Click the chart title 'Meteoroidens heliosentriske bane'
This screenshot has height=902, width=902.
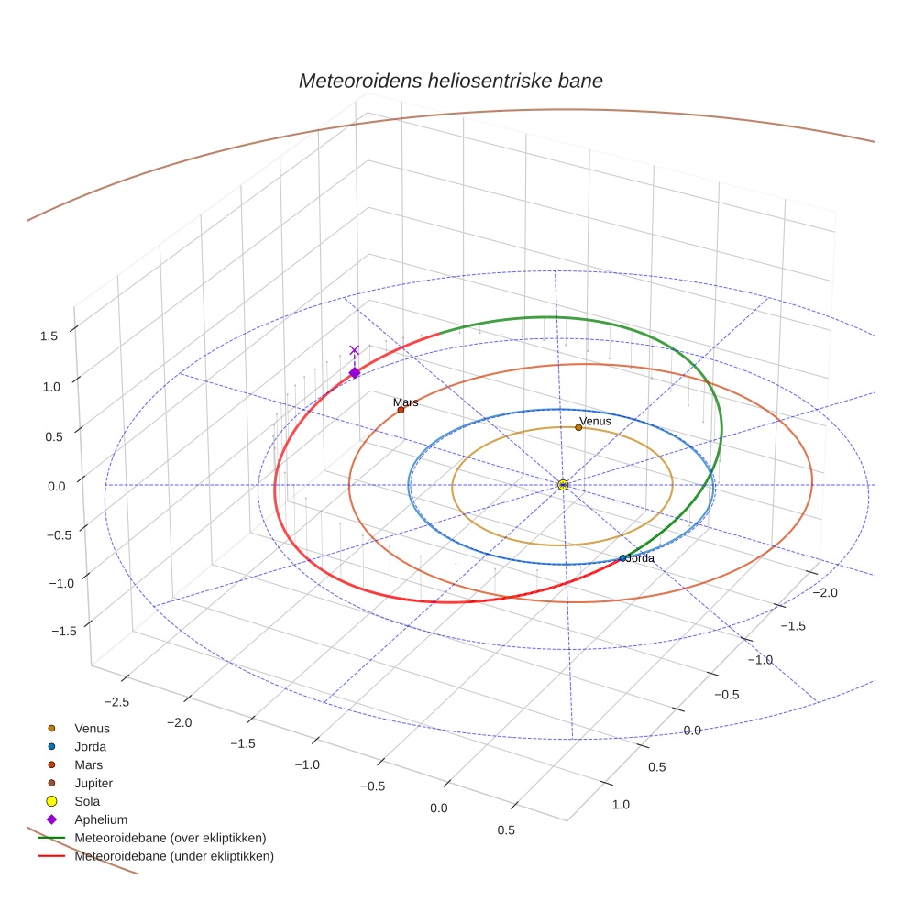(x=450, y=81)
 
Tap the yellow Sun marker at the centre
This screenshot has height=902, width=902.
(x=563, y=485)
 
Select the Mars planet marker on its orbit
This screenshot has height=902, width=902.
(x=401, y=410)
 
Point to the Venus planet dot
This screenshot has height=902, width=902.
(x=578, y=427)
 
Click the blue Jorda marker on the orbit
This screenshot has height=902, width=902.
(x=622, y=558)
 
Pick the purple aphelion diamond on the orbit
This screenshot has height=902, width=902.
(x=355, y=372)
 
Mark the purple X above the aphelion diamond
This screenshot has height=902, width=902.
(x=355, y=350)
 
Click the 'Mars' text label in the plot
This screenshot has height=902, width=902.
(x=405, y=401)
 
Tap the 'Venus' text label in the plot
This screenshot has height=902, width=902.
(x=595, y=421)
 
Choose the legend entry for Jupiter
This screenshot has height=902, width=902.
(x=93, y=783)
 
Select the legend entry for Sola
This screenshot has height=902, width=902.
(x=88, y=801)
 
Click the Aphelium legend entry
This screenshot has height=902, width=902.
(x=100, y=819)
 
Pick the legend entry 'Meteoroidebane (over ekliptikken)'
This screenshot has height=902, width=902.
(x=170, y=838)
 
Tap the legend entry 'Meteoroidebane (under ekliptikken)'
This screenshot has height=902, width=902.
(x=174, y=856)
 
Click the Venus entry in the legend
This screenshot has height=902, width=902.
(x=92, y=728)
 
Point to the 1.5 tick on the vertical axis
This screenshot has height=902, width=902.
(x=49, y=335)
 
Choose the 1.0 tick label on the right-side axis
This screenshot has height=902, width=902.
(x=620, y=804)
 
